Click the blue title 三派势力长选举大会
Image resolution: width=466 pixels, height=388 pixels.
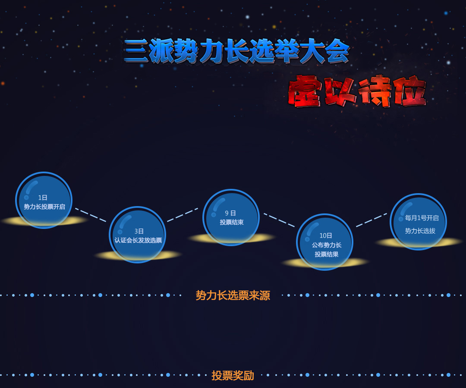(x=236, y=51)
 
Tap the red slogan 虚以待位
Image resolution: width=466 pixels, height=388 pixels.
(x=357, y=91)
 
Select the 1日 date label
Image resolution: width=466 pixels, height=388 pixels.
(x=43, y=198)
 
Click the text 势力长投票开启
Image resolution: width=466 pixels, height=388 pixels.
(x=44, y=207)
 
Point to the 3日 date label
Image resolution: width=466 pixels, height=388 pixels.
(x=139, y=231)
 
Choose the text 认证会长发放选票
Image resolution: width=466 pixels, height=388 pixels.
(x=138, y=240)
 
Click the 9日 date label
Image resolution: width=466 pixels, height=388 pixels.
(x=230, y=213)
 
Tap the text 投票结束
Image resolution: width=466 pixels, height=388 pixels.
(x=232, y=222)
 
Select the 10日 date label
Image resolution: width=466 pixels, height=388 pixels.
(x=326, y=236)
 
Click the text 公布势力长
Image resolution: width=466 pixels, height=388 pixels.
(x=327, y=245)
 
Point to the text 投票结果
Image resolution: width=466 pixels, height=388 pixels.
(x=327, y=254)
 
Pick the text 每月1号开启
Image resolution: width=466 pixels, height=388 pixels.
(x=422, y=218)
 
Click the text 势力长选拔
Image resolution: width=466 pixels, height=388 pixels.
(x=420, y=231)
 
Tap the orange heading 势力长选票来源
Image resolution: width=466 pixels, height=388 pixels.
(x=233, y=295)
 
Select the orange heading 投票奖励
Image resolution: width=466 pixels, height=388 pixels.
(x=233, y=375)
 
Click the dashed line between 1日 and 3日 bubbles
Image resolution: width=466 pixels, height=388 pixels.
(x=91, y=215)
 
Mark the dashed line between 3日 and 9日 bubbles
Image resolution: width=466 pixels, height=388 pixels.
(x=183, y=215)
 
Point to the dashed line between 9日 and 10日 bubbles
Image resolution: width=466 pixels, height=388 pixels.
(x=279, y=220)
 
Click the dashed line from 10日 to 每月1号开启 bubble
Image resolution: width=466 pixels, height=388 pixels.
(x=372, y=220)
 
